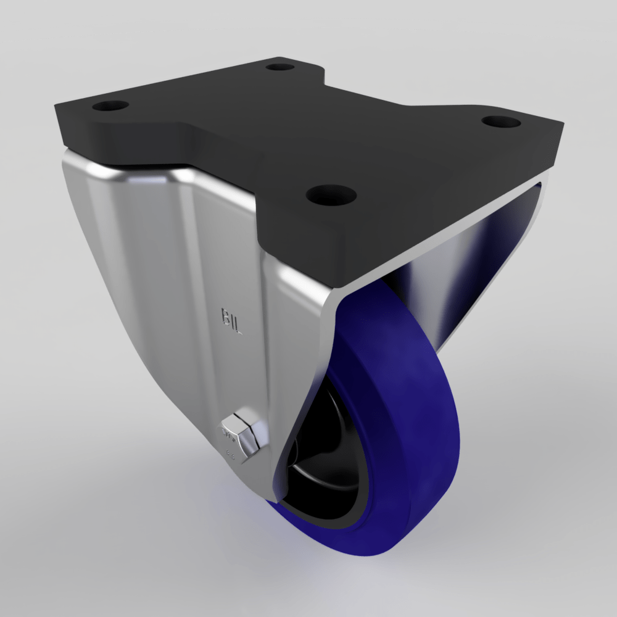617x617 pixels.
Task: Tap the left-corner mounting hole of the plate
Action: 110,106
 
